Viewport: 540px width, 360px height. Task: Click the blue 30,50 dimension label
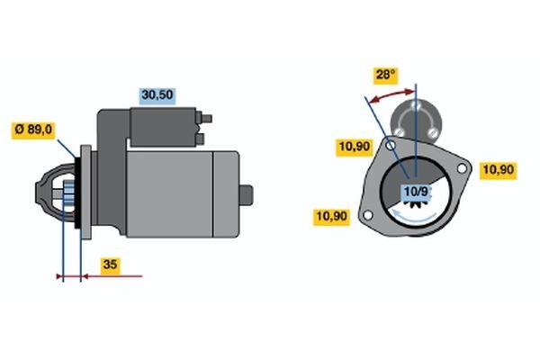pyautogui.click(x=157, y=95)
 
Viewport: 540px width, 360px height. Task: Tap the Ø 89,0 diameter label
pyautogui.click(x=33, y=130)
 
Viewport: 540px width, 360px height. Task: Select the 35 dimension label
pyautogui.click(x=110, y=265)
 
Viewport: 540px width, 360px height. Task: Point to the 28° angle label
pyautogui.click(x=386, y=75)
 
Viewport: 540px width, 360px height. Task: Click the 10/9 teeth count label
pyautogui.click(x=417, y=192)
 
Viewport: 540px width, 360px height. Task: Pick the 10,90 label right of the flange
pyautogui.click(x=499, y=170)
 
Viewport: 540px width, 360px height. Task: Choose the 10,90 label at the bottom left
pyautogui.click(x=331, y=217)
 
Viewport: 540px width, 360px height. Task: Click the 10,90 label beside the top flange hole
pyautogui.click(x=355, y=147)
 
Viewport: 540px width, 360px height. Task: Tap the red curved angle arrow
pyautogui.click(x=391, y=95)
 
